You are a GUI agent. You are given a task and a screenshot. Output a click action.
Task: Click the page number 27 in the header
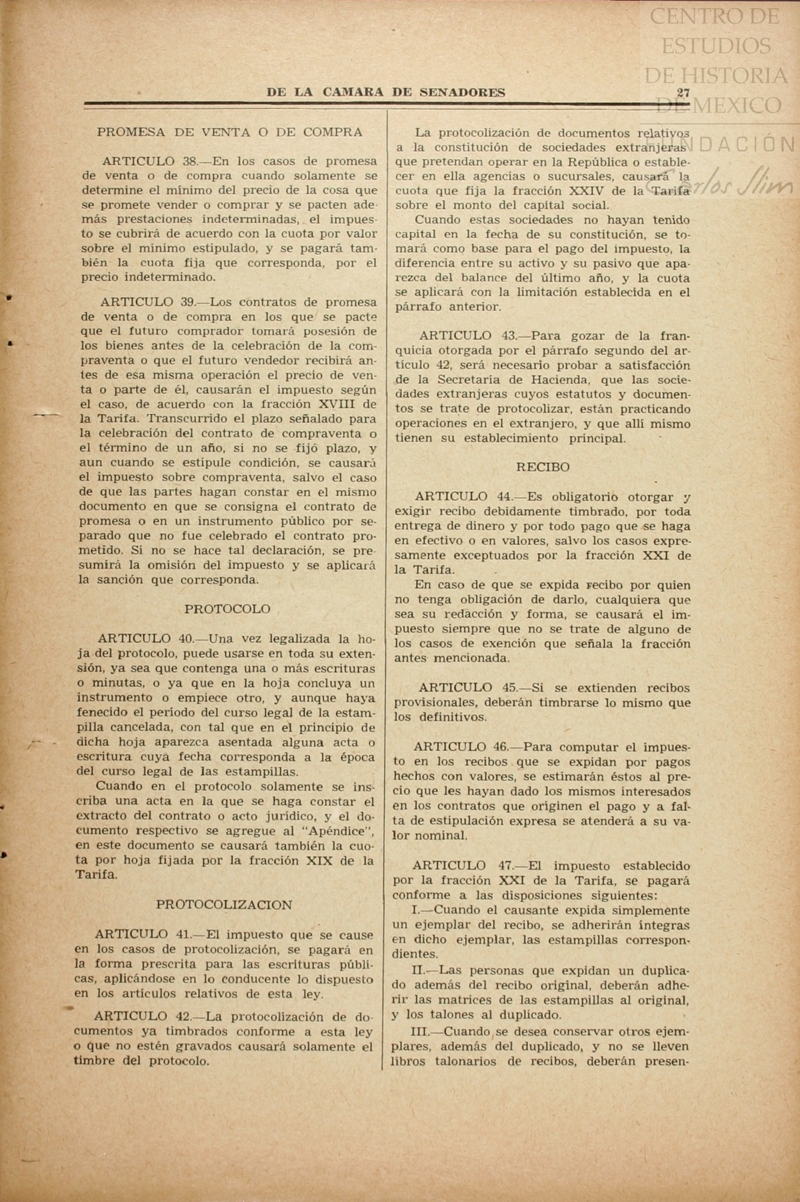tap(683, 93)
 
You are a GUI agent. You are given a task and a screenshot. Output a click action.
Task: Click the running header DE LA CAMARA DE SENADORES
tap(386, 93)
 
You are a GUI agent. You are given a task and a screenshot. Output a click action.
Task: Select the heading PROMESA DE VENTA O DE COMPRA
tap(230, 132)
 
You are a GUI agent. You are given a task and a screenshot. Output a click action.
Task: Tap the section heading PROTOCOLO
tap(227, 609)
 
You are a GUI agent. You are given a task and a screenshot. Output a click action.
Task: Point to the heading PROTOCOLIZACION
tap(224, 905)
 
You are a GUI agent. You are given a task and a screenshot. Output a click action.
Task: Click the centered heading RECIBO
tap(542, 467)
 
